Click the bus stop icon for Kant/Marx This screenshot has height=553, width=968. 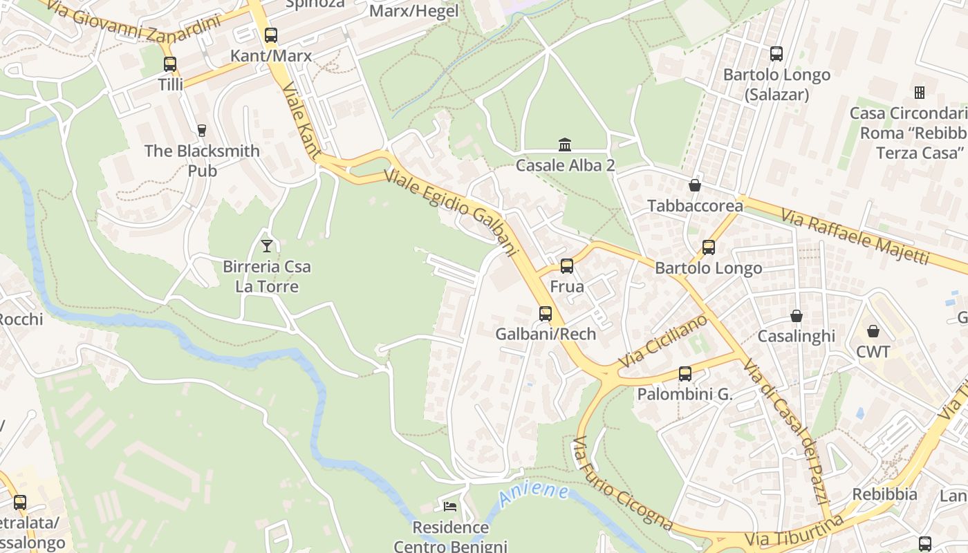271,35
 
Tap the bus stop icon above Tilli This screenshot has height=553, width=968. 170,64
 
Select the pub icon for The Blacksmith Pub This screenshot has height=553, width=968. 202,130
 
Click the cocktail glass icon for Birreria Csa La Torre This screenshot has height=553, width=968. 267,245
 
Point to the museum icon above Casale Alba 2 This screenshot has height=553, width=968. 565,145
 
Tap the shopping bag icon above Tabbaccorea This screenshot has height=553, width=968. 695,185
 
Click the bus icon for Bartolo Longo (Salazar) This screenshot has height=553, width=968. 776,54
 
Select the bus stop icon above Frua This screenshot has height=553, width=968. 567,265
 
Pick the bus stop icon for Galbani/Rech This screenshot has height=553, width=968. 546,314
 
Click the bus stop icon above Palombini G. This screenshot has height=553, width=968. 685,374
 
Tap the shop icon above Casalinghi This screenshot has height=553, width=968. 797,316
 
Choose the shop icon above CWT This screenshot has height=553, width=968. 873,331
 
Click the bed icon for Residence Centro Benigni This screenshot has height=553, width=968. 450,507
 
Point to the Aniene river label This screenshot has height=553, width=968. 534,494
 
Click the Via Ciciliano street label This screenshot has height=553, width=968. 662,341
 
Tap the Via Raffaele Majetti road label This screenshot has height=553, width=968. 855,236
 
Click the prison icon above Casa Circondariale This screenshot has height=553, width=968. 920,92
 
